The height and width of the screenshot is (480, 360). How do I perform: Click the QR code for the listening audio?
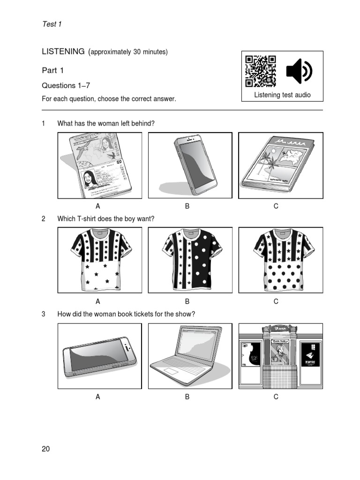(x=261, y=71)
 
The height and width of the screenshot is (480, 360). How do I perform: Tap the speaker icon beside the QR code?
(x=299, y=71)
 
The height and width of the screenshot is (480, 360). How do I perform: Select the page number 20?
(x=45, y=449)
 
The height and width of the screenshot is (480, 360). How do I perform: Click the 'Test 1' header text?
(x=52, y=24)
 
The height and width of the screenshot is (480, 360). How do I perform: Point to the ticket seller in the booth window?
(x=280, y=352)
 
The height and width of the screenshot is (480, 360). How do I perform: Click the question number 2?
(x=44, y=218)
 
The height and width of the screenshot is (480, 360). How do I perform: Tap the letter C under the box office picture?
(x=276, y=397)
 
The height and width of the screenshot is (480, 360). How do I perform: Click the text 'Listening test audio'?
(x=282, y=95)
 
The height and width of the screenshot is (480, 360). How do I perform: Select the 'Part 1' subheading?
(x=52, y=70)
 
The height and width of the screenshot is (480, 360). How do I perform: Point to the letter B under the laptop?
(x=187, y=397)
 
